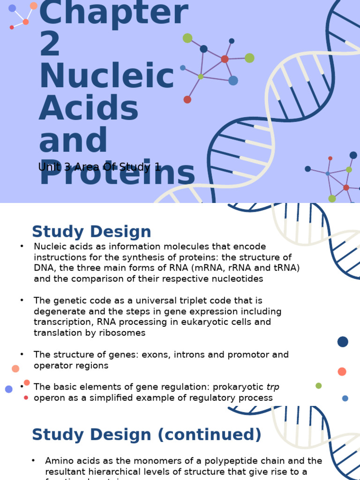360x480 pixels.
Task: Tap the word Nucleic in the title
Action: pos(106,76)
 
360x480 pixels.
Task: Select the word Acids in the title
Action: pos(89,108)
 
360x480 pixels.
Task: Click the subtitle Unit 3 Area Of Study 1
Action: pos(99,167)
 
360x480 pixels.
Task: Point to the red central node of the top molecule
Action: pos(225,59)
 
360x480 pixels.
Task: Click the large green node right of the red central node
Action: pos(249,58)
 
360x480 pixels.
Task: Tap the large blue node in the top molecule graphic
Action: pos(233,81)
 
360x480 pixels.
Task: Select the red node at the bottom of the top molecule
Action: pos(187,99)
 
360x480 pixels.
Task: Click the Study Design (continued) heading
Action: pos(146,435)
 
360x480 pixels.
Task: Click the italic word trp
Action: pos(273,387)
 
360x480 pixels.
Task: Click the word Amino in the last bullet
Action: pos(59,461)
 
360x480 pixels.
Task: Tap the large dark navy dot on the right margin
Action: pos(343,342)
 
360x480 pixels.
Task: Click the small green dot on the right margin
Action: pos(319,386)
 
